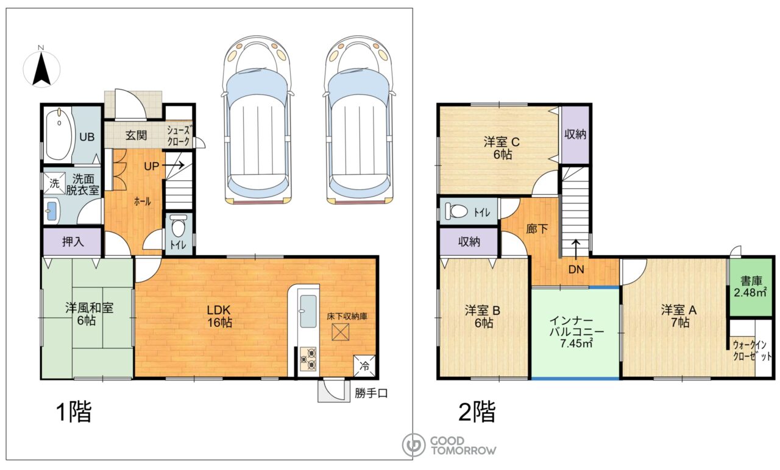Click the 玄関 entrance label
pyautogui.click(x=136, y=135)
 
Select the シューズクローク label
pyautogui.click(x=179, y=136)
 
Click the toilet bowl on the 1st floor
pyautogui.click(x=179, y=226)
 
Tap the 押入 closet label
pyautogui.click(x=73, y=242)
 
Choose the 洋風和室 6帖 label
pyautogui.click(x=89, y=314)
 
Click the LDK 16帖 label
pyautogui.click(x=219, y=316)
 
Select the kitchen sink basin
pyautogui.click(x=308, y=311)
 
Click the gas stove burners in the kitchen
pyautogui.click(x=308, y=359)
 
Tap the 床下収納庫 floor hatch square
pyautogui.click(x=340, y=332)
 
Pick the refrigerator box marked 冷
pyautogui.click(x=364, y=366)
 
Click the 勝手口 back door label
pyautogui.click(x=371, y=393)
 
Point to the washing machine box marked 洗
pyautogui.click(x=55, y=183)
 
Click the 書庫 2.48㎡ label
pyautogui.click(x=751, y=287)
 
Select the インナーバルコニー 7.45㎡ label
pyautogui.click(x=576, y=332)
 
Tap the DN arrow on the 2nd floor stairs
pyautogui.click(x=576, y=250)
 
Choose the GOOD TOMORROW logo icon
pyautogui.click(x=413, y=445)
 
